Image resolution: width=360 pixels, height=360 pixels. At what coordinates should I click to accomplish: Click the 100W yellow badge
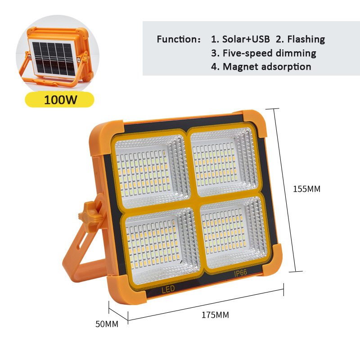click(x=59, y=100)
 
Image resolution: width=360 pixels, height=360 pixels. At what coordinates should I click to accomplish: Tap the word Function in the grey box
click(x=175, y=39)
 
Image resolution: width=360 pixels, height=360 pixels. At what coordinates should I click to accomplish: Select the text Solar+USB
click(x=246, y=39)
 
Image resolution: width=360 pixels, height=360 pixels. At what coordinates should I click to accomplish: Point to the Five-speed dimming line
click(x=264, y=53)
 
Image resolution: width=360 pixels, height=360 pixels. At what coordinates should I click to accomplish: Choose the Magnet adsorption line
click(x=261, y=67)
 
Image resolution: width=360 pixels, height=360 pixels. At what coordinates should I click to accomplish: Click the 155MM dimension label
click(x=307, y=189)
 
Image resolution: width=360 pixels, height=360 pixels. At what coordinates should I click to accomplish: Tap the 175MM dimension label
click(x=215, y=315)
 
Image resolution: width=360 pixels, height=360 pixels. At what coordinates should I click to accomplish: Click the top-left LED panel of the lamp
click(x=151, y=171)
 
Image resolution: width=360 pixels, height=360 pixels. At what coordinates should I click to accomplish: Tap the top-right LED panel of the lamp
click(x=224, y=163)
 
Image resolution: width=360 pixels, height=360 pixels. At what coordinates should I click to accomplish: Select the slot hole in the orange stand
click(x=84, y=238)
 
